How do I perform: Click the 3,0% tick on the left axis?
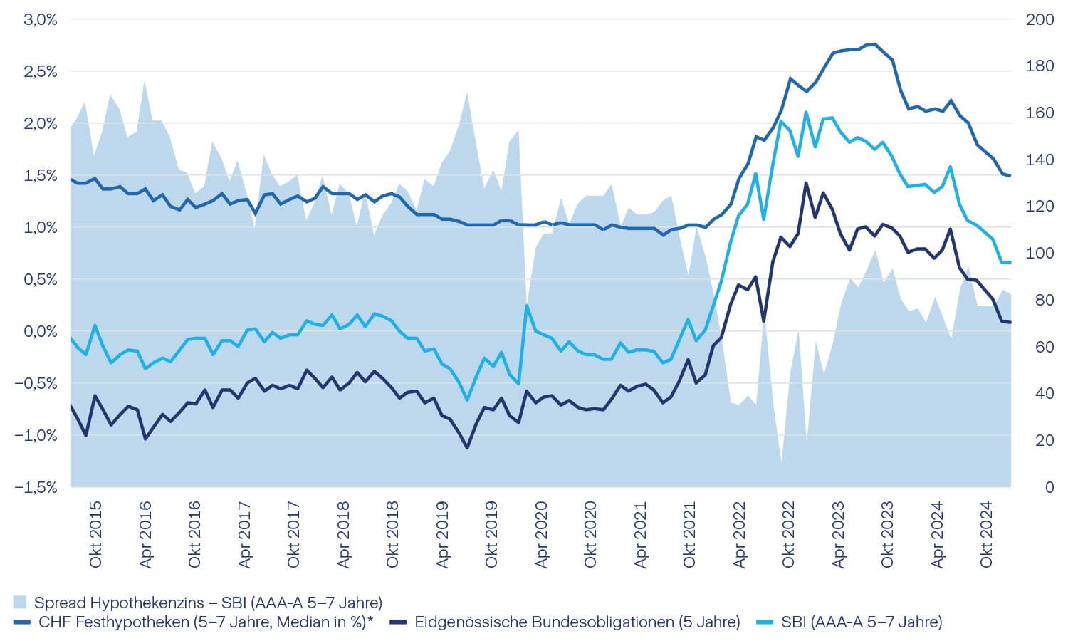click(41, 20)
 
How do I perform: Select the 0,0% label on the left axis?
click(41, 332)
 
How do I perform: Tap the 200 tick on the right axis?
click(1040, 20)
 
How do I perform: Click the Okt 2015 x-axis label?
click(95, 535)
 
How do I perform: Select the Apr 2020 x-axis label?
click(541, 535)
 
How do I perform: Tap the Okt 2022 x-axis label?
click(788, 535)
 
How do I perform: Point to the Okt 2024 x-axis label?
click(986, 535)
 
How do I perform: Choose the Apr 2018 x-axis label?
click(343, 535)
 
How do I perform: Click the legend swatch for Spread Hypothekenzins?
click(20, 603)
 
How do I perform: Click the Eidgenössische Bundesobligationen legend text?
click(577, 622)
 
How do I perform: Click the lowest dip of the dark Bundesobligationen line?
click(467, 447)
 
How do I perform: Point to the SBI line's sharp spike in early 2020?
click(526, 306)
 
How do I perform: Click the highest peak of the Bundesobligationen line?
click(805, 183)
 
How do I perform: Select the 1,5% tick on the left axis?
click(41, 176)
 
